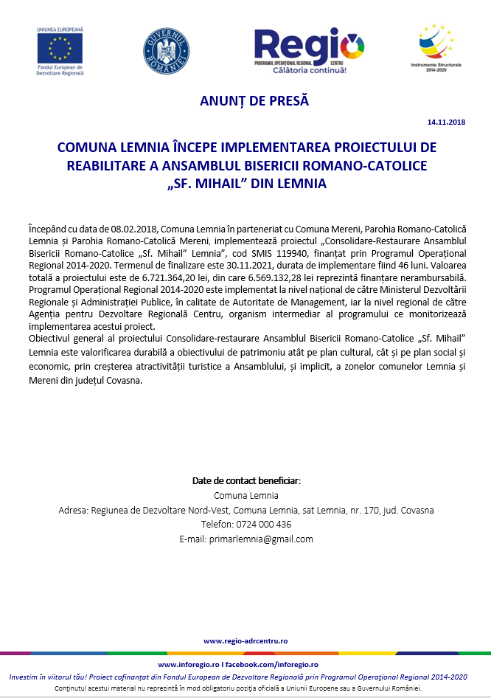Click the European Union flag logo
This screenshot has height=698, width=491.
tap(60, 48)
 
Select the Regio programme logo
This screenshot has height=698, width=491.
tap(309, 51)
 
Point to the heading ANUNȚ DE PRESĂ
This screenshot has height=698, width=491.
tap(254, 101)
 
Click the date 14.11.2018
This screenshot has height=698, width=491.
tap(446, 121)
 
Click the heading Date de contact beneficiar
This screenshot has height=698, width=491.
tap(246, 480)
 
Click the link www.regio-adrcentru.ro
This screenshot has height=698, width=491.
tap(245, 641)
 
